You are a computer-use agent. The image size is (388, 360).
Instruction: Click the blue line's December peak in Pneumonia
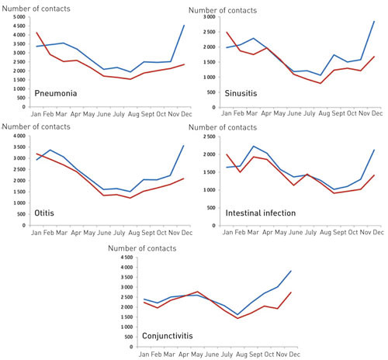point(184,26)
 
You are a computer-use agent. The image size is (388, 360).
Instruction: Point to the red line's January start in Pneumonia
point(36,33)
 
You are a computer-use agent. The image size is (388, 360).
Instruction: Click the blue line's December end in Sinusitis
point(375,21)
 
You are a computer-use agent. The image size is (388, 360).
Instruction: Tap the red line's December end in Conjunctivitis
point(291,292)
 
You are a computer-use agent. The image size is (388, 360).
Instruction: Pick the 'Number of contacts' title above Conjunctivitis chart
point(147,247)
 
